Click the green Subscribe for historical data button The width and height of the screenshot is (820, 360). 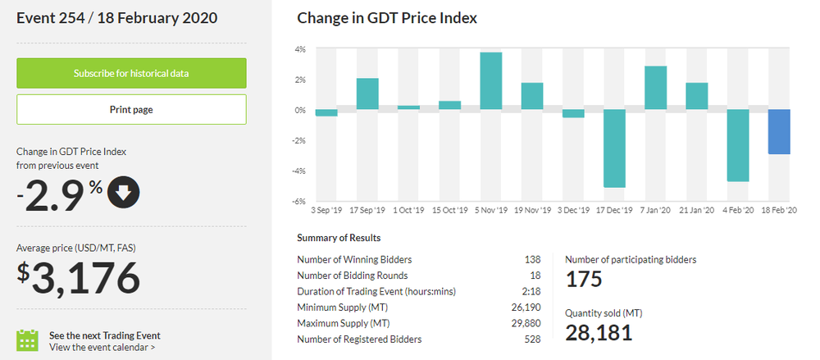pyautogui.click(x=131, y=73)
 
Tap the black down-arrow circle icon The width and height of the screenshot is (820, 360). pyautogui.click(x=123, y=194)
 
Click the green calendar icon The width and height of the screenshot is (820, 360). pyautogui.click(x=28, y=340)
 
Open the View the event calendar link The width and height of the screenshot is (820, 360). pyautogui.click(x=102, y=347)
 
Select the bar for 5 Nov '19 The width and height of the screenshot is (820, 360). pyautogui.click(x=490, y=80)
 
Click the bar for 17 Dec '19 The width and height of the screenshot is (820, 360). pyautogui.click(x=614, y=148)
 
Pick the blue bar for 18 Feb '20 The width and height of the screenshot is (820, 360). pyautogui.click(x=779, y=131)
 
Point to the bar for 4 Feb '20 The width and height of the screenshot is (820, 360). pyautogui.click(x=738, y=145)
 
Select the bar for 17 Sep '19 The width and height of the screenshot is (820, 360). pyautogui.click(x=367, y=93)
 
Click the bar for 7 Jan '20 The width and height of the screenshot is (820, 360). pyautogui.click(x=655, y=88)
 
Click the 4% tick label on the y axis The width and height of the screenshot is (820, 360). pyautogui.click(x=300, y=49)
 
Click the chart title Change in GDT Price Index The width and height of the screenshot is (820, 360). pyautogui.click(x=387, y=17)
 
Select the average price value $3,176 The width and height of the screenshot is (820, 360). pyautogui.click(x=80, y=277)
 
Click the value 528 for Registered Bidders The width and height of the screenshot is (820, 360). pyautogui.click(x=532, y=339)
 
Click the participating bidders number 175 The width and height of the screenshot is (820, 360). pyautogui.click(x=584, y=279)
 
